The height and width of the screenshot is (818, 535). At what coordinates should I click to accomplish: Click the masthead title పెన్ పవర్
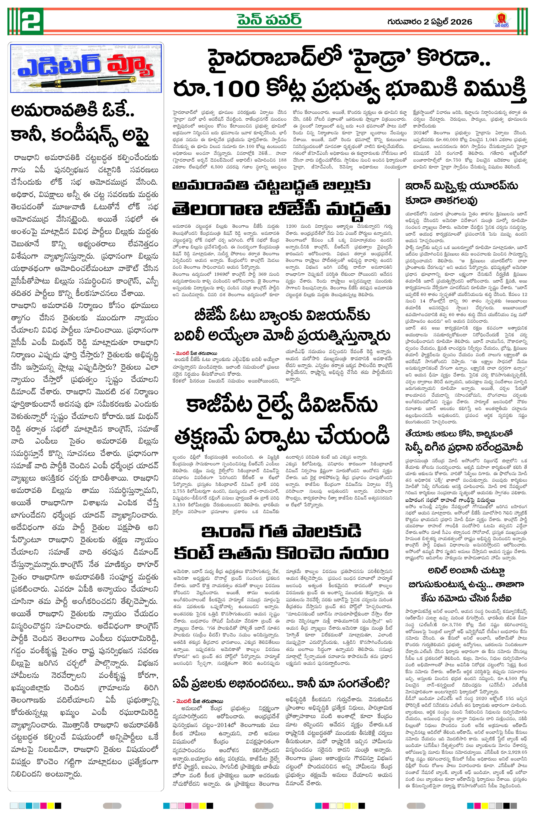point(269,20)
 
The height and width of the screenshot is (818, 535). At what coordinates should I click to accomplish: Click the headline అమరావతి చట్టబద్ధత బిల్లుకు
point(271,185)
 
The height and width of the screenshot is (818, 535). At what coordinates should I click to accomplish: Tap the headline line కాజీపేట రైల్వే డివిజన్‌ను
point(282,405)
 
